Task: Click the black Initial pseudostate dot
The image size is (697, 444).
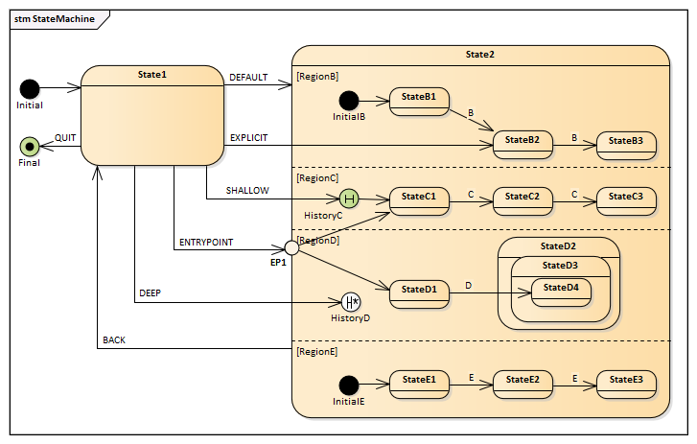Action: click(x=30, y=89)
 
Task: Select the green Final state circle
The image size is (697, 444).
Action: click(x=30, y=147)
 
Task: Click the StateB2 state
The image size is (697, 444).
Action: click(x=523, y=144)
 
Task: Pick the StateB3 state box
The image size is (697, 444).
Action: click(x=627, y=144)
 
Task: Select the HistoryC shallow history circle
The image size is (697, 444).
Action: click(x=349, y=199)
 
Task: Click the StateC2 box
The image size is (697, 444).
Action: click(x=523, y=199)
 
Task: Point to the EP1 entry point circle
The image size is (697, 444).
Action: click(x=292, y=247)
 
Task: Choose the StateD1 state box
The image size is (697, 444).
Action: click(x=419, y=290)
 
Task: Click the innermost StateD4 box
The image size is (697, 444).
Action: click(x=561, y=290)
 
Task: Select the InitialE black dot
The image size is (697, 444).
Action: click(x=349, y=385)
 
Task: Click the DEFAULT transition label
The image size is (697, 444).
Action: click(x=248, y=77)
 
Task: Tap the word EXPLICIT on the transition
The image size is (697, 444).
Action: click(x=248, y=137)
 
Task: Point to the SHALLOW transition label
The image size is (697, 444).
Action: click(x=247, y=190)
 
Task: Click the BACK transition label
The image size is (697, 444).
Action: click(x=114, y=339)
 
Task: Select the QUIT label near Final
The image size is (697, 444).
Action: click(x=65, y=137)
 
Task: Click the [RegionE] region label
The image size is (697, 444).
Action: click(x=317, y=352)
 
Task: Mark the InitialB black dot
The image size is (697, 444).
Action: click(x=349, y=100)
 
